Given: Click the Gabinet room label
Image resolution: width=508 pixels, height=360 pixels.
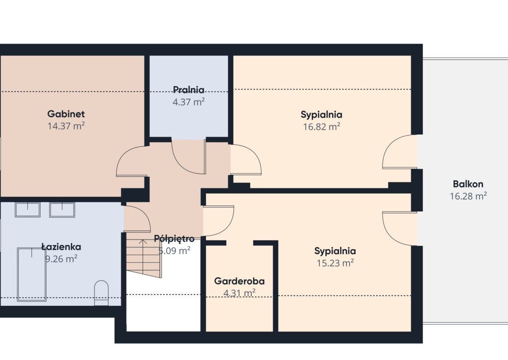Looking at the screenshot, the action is pyautogui.click(x=66, y=114).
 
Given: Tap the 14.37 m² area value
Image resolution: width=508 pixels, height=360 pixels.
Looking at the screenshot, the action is pyautogui.click(x=66, y=126).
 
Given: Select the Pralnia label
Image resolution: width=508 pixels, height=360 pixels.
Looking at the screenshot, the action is pyautogui.click(x=189, y=90).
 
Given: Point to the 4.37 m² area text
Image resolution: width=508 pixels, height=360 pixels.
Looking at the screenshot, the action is pyautogui.click(x=189, y=102).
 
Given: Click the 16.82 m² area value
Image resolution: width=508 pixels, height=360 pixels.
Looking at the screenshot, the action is pyautogui.click(x=321, y=126).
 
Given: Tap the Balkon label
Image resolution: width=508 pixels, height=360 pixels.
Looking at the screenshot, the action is pyautogui.click(x=468, y=184).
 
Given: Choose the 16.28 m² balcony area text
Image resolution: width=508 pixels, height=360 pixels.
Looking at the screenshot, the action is pyautogui.click(x=468, y=196).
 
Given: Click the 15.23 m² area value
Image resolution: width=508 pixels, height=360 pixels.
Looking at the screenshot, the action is pyautogui.click(x=335, y=263).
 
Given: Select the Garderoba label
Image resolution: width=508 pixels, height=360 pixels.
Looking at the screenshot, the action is pyautogui.click(x=239, y=281).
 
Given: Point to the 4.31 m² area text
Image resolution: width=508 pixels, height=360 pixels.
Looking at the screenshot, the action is pyautogui.click(x=239, y=293).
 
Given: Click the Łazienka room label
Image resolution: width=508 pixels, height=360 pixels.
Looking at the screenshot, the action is pyautogui.click(x=61, y=247).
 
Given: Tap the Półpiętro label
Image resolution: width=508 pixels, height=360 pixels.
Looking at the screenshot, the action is pyautogui.click(x=174, y=239).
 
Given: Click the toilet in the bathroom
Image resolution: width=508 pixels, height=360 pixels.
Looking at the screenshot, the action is pyautogui.click(x=101, y=293).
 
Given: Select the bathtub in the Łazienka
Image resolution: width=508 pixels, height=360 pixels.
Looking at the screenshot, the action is pyautogui.click(x=32, y=275).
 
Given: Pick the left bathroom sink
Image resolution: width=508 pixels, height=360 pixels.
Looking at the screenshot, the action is pyautogui.click(x=28, y=210).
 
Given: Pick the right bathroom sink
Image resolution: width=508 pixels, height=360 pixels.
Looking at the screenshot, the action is pyautogui.click(x=62, y=210).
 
